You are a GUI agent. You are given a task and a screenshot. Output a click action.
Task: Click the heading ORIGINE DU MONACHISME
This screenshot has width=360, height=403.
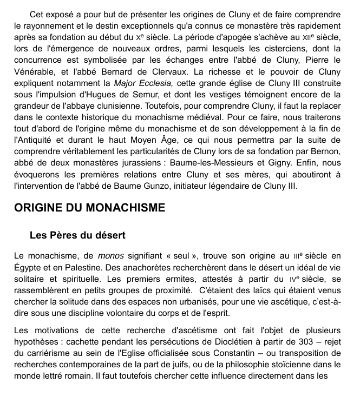pyautogui.click(x=90, y=208)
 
